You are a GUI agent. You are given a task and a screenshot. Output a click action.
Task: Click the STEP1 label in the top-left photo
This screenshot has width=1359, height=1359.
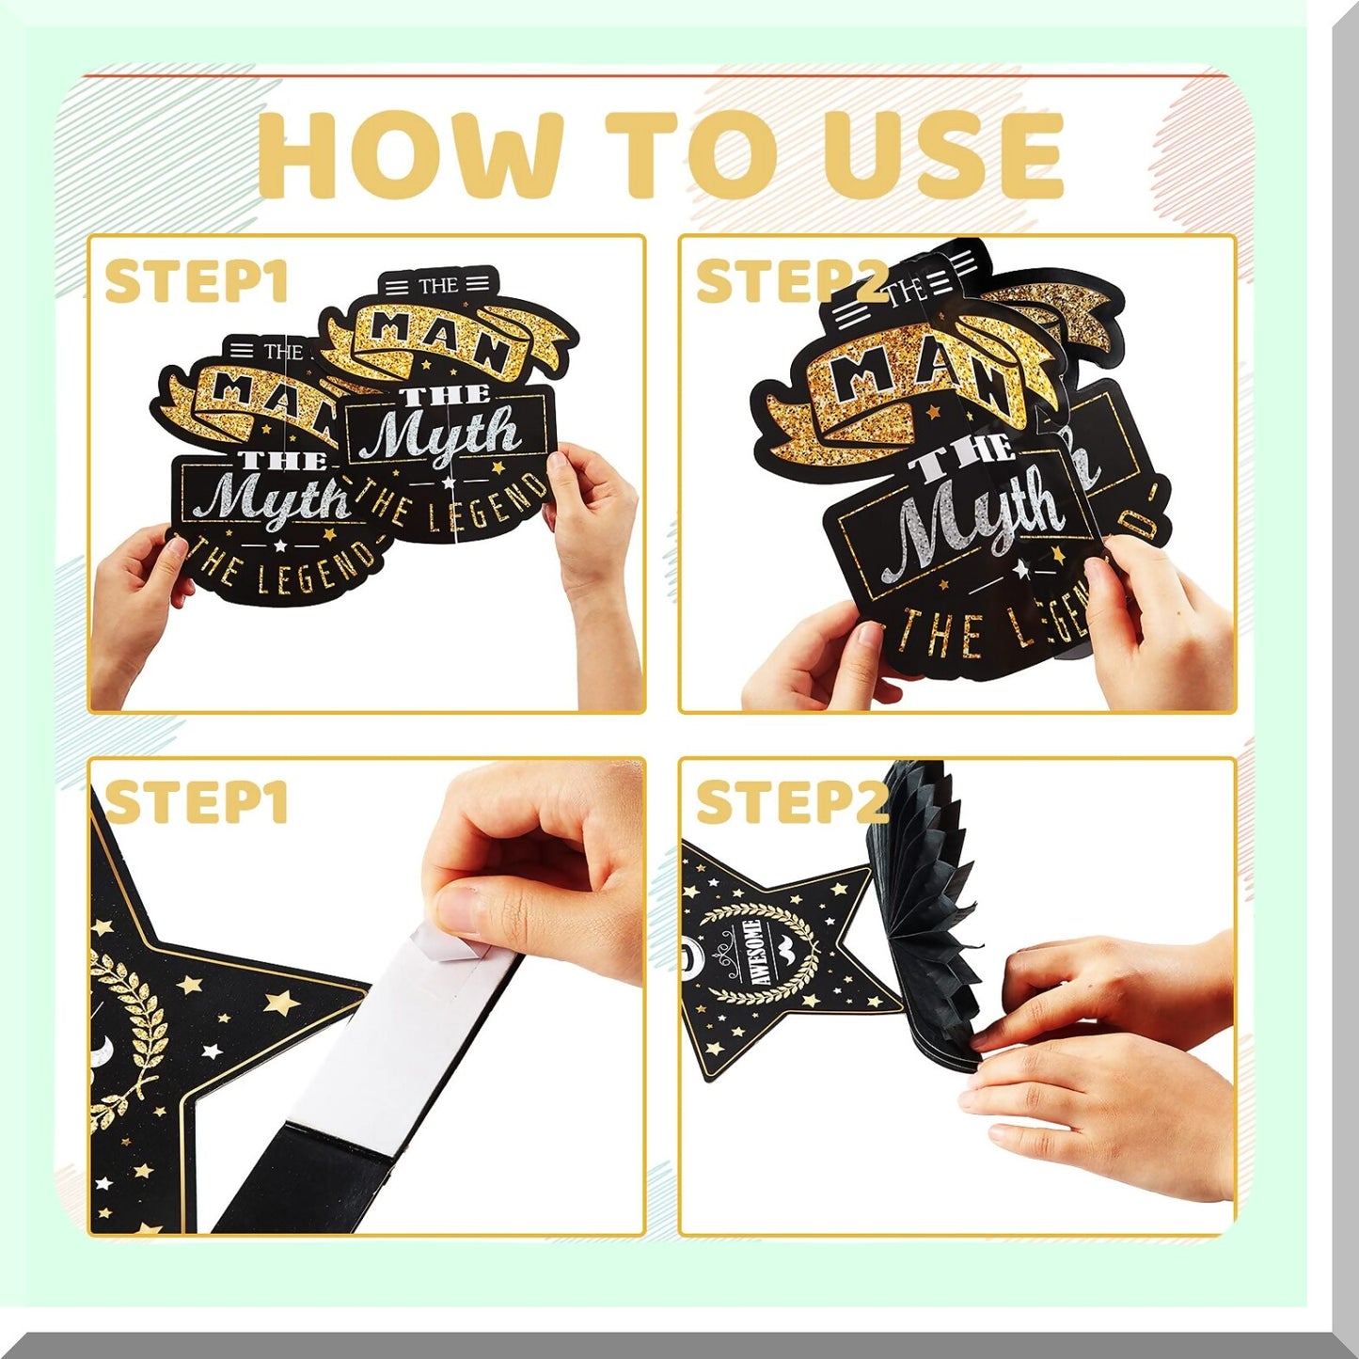[196, 281]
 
